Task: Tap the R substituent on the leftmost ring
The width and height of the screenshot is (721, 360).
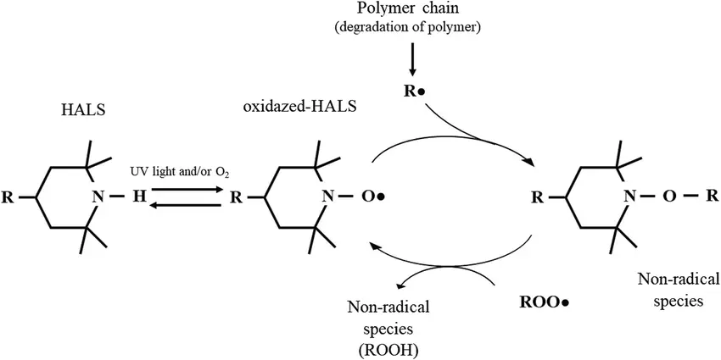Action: tap(8, 199)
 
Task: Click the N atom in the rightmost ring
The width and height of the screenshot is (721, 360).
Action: tap(629, 198)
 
